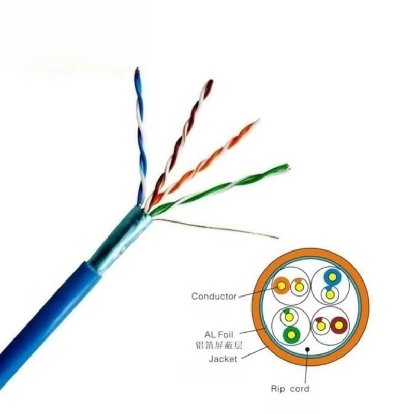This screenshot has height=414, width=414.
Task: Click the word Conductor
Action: [214, 297]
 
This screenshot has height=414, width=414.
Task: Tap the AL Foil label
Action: [219, 335]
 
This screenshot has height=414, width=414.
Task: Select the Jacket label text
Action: [223, 359]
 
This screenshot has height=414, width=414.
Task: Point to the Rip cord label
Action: [290, 389]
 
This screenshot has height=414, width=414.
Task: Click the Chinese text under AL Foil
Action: [219, 345]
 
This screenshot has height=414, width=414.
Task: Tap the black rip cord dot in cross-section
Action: [307, 349]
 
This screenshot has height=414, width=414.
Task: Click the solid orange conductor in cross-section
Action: [282, 286]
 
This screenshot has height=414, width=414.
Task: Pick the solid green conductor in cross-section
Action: [291, 335]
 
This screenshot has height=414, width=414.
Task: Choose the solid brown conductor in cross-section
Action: [339, 326]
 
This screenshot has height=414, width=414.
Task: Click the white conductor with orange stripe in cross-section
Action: [299, 287]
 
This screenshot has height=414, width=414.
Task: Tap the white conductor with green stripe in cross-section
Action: [289, 317]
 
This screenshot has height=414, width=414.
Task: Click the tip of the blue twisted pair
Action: [137, 69]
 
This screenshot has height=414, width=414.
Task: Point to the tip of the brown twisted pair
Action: [210, 81]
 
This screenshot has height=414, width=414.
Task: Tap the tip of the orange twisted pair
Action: [258, 120]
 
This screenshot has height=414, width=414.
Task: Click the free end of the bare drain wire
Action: [278, 238]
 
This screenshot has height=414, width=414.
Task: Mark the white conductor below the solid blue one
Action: [330, 294]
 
